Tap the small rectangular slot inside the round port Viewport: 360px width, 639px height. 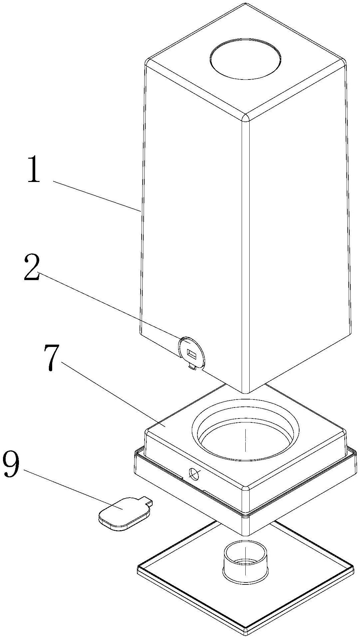(192, 354)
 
